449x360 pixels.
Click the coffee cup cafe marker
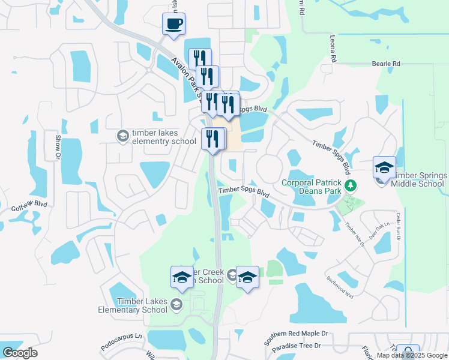174,25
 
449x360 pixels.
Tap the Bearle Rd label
385,63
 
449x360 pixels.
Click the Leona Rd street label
333,49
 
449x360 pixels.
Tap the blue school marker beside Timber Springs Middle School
384,168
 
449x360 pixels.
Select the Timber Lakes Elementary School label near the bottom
133,306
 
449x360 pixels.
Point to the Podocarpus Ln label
122,337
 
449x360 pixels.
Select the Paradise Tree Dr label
296,347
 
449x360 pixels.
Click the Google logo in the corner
20,353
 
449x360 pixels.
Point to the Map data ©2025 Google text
412,355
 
